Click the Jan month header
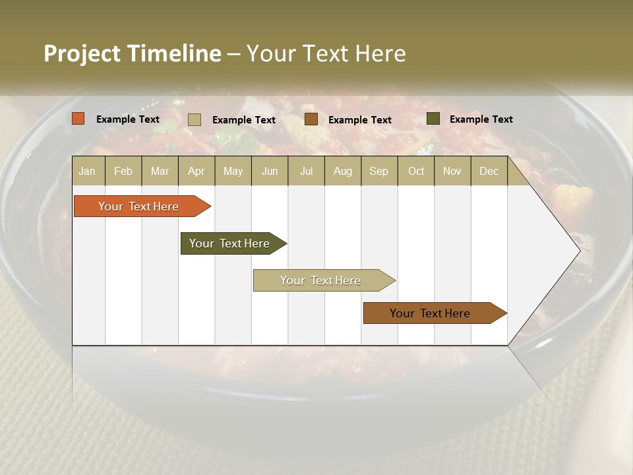(x=88, y=171)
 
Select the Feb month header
(x=123, y=171)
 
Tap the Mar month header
(x=160, y=171)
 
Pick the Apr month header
(x=196, y=171)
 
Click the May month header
(x=233, y=171)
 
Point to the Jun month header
(x=270, y=171)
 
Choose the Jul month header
(x=306, y=171)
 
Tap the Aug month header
(x=343, y=171)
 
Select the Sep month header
(x=379, y=171)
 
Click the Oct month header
(x=416, y=171)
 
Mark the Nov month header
(x=452, y=171)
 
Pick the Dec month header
(x=489, y=171)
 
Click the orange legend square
(x=78, y=119)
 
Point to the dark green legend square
(x=433, y=119)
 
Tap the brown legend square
(x=311, y=119)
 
